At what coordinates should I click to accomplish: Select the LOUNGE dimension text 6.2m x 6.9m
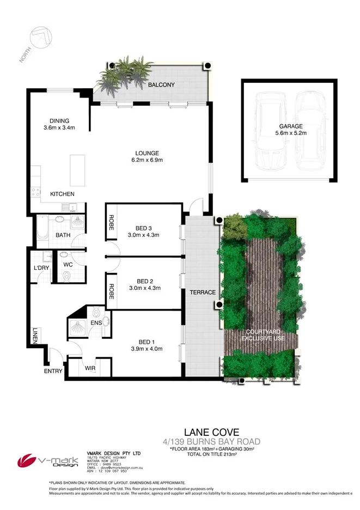point(148,160)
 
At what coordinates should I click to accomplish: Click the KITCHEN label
point(62,194)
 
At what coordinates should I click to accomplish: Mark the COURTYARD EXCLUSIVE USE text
point(263,335)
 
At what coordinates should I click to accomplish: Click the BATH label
point(63,235)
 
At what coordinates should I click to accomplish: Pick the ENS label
point(96,323)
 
